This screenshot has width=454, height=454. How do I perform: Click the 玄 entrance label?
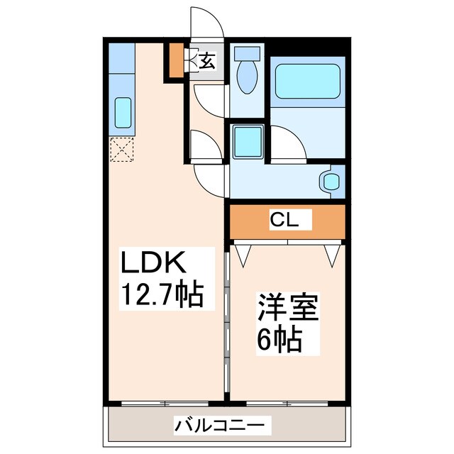pyautogui.click(x=206, y=61)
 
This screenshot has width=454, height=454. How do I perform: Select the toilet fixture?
pyautogui.click(x=248, y=74)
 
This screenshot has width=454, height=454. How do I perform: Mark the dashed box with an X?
pyautogui.click(x=121, y=150)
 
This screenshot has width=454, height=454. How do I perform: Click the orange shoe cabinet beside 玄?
pyautogui.click(x=175, y=61)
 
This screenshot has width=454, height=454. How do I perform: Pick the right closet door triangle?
pyautogui.click(x=331, y=254)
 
